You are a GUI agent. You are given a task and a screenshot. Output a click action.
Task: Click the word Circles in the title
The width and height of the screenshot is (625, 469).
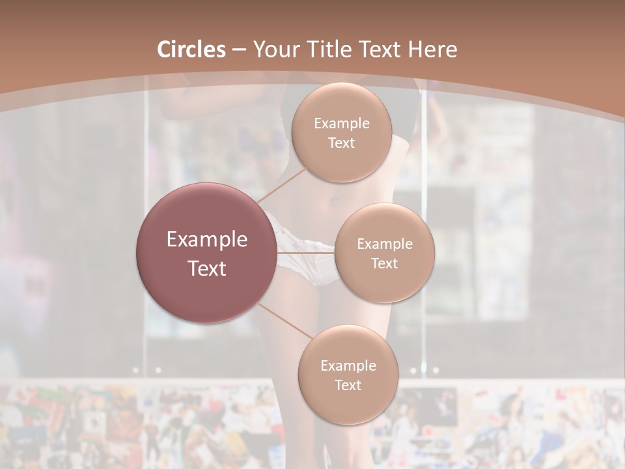coord(191,50)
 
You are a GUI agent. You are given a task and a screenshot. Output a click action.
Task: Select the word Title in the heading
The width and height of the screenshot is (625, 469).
coord(331,50)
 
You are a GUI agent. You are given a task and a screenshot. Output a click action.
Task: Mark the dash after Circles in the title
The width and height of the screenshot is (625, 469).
coord(239,50)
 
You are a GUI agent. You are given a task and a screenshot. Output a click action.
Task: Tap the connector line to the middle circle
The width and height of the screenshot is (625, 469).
coord(306,252)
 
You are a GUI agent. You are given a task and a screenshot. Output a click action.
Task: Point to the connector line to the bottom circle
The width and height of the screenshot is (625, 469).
coord(285,320)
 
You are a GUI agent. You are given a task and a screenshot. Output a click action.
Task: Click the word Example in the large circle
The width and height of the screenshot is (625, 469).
coord(207,239)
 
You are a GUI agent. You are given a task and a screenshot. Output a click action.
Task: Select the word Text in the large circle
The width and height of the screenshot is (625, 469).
coord(207,268)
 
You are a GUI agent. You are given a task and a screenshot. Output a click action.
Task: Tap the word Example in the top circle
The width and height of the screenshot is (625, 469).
coord(342,123)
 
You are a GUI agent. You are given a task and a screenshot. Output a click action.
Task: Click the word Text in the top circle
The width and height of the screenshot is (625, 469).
coord(341,143)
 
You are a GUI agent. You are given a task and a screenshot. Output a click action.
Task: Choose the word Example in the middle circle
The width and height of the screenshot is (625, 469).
coord(384,244)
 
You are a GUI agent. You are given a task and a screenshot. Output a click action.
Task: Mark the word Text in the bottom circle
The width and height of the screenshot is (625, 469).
coord(348,385)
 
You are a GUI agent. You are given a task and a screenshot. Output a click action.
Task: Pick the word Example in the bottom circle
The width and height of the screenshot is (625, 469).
coord(348,365)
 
